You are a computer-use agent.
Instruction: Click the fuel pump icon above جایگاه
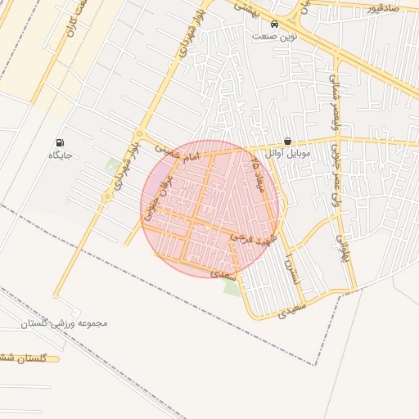61,143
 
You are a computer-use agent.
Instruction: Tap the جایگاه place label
61,155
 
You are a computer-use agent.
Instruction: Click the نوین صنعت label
275,37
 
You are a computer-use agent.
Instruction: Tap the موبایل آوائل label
286,153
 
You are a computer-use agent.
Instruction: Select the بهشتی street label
246,7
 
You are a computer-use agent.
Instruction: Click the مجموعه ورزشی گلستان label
66,323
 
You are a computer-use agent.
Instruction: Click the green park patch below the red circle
232,286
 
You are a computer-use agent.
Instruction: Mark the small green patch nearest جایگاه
111,164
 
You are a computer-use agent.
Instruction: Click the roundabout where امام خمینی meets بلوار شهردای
140,134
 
